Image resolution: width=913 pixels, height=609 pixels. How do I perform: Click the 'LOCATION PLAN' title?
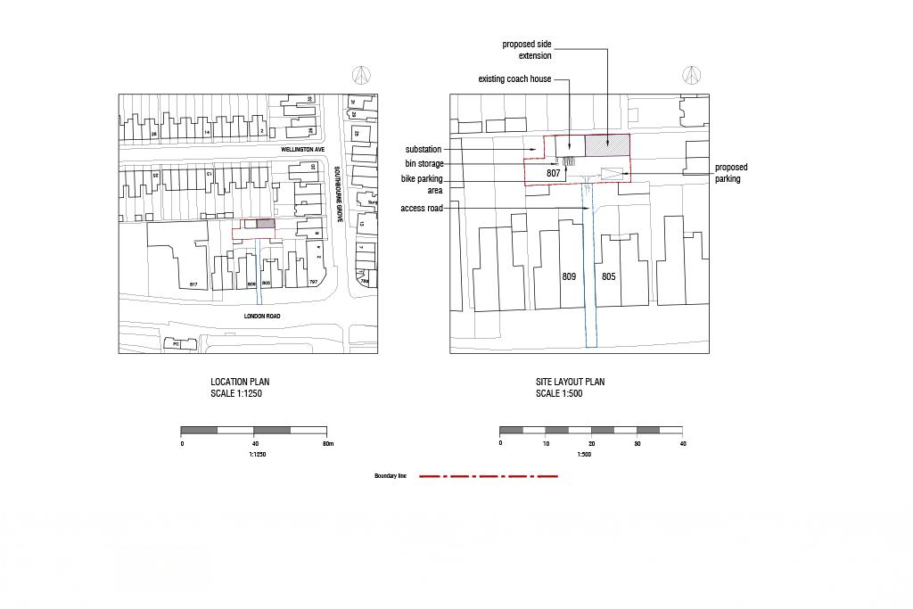[x=240, y=382]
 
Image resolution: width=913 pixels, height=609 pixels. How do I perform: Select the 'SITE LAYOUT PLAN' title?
[x=570, y=382]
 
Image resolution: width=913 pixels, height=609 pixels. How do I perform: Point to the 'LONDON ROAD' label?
[x=262, y=317]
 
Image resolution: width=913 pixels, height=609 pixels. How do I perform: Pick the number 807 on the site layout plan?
[x=554, y=173]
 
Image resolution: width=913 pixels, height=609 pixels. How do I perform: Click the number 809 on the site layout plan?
[x=569, y=276]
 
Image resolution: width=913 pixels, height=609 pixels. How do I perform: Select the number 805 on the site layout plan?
[x=608, y=276]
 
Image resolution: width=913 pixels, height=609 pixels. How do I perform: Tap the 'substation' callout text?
[x=424, y=150]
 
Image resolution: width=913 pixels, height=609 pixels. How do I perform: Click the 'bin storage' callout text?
[x=424, y=164]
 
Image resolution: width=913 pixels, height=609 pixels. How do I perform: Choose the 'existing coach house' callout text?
[x=514, y=79]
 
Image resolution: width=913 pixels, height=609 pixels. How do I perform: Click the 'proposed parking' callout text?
[x=730, y=173]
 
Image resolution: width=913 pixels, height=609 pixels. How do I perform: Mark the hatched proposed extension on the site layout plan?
[x=606, y=144]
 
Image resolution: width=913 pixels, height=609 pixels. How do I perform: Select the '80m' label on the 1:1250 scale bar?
[x=327, y=443]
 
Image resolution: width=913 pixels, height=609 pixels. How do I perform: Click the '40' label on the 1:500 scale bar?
[x=683, y=443]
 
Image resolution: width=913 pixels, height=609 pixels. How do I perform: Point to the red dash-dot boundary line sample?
[x=489, y=476]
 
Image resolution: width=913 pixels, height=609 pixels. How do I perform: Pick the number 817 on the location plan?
[x=193, y=284]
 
